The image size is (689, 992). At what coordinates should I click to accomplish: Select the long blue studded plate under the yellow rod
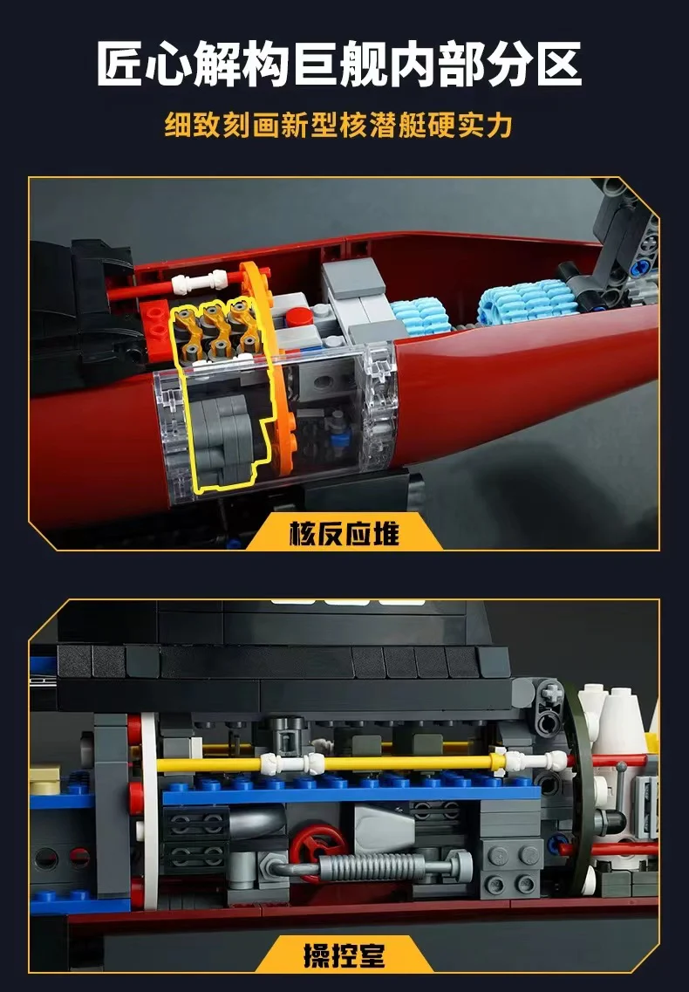click(x=349, y=790)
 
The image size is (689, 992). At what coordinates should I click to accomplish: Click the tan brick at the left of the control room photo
click(x=50, y=775)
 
